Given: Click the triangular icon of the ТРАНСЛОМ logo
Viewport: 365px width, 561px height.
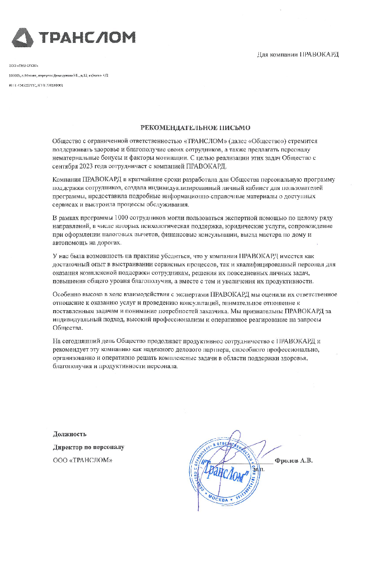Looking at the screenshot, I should [22, 37].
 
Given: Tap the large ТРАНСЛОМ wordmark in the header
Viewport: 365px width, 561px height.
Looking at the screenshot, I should [86, 37].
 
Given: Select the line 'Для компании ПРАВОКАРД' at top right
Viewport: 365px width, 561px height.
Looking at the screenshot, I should [297, 55].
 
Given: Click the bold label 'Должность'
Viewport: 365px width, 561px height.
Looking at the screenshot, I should [70, 434].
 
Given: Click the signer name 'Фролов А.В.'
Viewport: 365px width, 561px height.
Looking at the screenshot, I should [293, 460].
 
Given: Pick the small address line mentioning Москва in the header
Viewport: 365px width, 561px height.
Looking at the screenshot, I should [58, 75].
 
